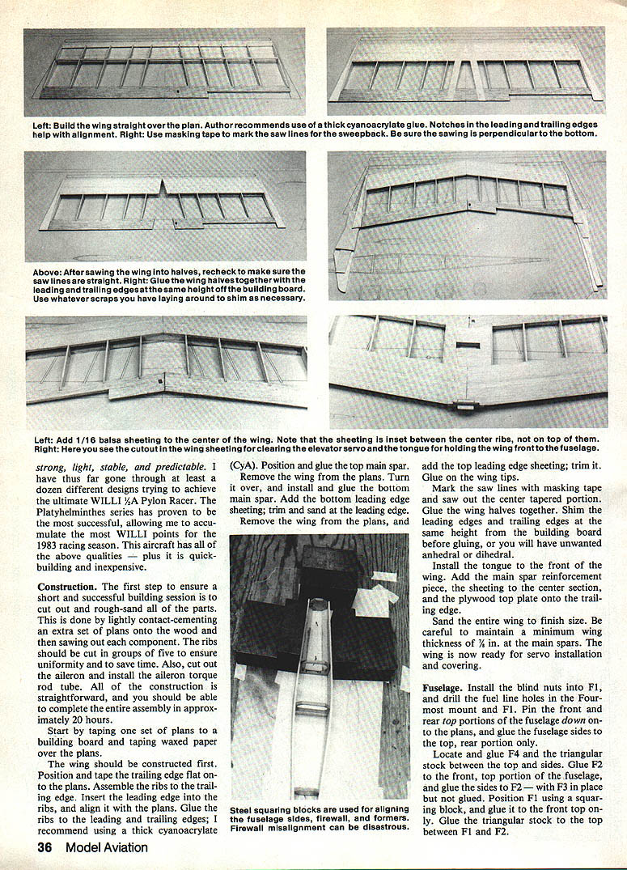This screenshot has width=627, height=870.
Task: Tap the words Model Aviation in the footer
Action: pos(107,847)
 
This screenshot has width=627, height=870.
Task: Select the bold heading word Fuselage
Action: pos(445,686)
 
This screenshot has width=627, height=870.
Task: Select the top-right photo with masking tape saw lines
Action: pos(465,73)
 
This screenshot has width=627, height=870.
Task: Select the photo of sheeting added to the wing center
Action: pos(165,371)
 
